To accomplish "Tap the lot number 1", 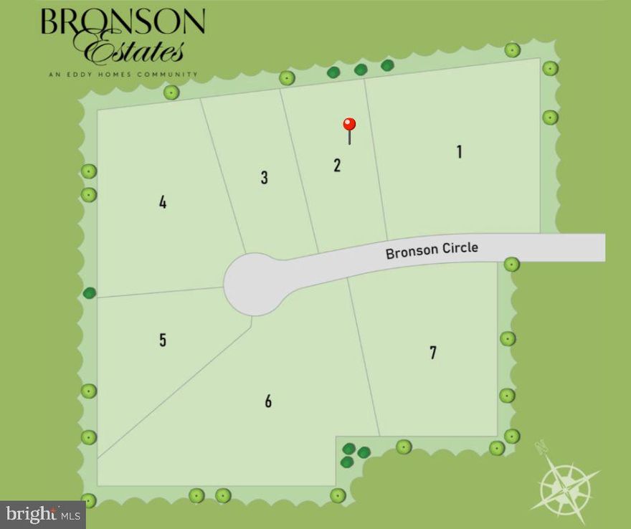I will click(459, 151).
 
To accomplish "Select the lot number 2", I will click(337, 165).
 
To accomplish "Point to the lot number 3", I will click(265, 177).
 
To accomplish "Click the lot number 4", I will click(163, 202).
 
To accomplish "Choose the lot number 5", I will click(163, 339).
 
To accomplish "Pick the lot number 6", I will click(268, 401).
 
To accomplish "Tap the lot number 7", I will click(433, 352).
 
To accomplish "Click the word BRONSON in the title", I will click(123, 22).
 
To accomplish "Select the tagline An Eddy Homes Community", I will click(123, 74).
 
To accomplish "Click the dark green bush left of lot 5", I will click(90, 292).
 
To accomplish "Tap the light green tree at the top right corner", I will click(550, 68).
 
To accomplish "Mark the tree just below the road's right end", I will click(511, 264).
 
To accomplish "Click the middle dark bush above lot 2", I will click(361, 70).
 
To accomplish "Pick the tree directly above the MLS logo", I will click(88, 500).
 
